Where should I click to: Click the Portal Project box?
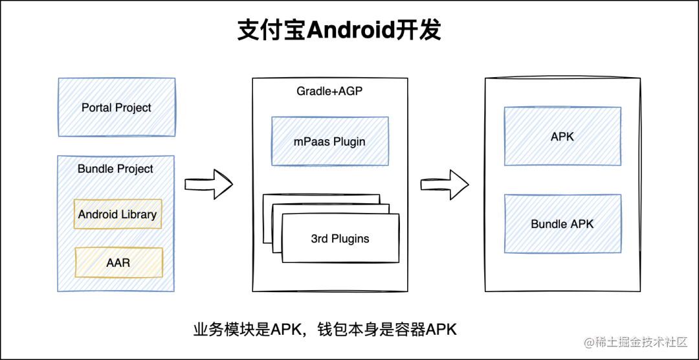point(116,107)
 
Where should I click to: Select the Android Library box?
point(118,214)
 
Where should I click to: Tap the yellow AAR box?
point(118,262)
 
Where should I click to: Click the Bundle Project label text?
point(115,169)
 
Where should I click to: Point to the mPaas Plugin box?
point(329,141)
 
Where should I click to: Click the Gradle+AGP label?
point(330,91)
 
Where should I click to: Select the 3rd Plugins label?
point(340,239)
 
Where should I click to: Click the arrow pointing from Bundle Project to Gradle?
point(208,184)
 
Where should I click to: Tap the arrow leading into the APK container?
point(445,184)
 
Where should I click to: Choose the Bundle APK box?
point(562,223)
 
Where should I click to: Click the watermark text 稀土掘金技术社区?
point(641,343)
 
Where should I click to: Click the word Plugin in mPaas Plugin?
point(349,142)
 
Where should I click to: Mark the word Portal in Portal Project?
point(94,107)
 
